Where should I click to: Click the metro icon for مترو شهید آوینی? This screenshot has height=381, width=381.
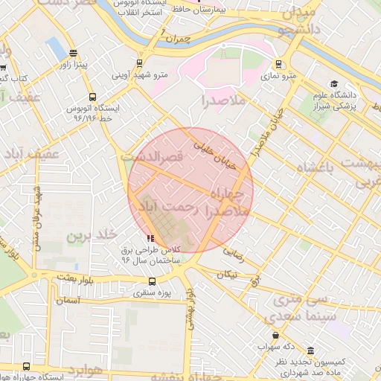(x=138, y=64)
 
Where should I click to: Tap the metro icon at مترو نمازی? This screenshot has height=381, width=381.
(x=279, y=65)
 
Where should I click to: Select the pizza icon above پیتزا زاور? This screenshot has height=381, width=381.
(x=72, y=54)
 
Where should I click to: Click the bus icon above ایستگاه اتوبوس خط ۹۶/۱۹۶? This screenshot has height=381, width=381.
(x=92, y=97)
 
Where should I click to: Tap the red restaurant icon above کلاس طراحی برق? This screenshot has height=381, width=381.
(x=141, y=237)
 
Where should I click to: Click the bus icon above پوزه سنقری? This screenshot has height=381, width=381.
(x=153, y=282)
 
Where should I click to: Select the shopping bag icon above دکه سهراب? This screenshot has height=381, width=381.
(x=277, y=336)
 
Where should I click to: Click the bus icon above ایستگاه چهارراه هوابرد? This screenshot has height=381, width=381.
(x=27, y=367)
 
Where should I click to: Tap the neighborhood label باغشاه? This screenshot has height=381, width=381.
(x=321, y=169)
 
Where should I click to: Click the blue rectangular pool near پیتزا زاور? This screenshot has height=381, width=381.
(x=56, y=48)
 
